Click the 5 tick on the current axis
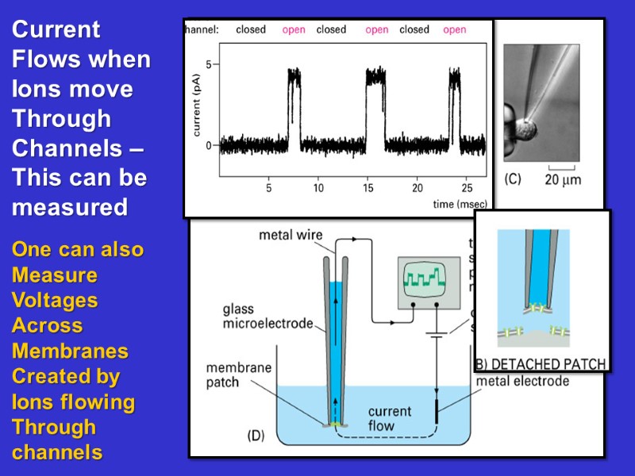(x=209, y=63)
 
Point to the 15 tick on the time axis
(x=368, y=188)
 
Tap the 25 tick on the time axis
(x=466, y=188)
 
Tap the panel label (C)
(x=513, y=179)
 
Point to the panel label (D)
(x=256, y=435)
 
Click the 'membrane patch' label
(x=237, y=376)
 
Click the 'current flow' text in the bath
(x=390, y=418)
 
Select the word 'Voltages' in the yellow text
(x=55, y=300)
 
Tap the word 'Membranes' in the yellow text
(x=70, y=351)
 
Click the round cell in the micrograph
(x=525, y=128)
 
